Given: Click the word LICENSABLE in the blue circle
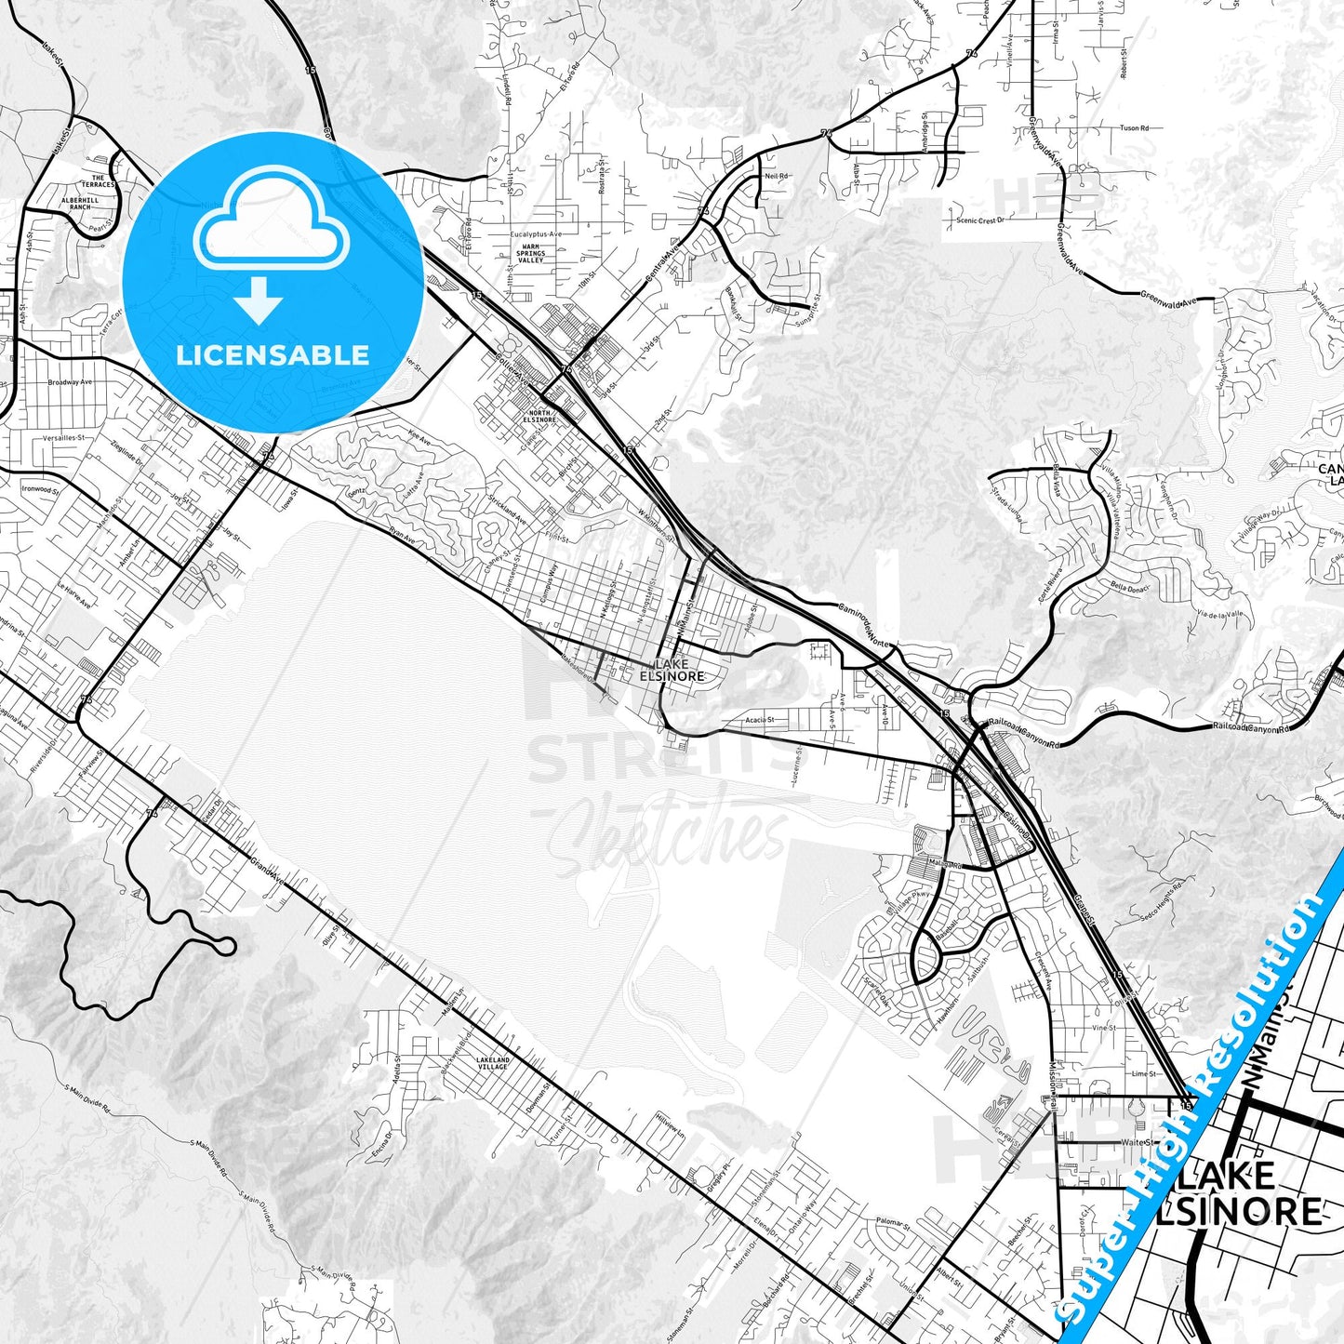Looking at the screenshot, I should point(273,355).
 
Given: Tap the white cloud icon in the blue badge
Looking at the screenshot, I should point(272,227).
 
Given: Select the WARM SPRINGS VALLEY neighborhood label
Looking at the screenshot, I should point(531,253).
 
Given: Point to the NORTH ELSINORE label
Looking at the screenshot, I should point(539,416).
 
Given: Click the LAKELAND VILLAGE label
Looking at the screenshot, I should point(492,1063).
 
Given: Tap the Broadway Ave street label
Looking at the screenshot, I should point(71,382).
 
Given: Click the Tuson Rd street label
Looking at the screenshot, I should point(1135,128).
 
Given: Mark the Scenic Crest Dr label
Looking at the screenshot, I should point(980,220).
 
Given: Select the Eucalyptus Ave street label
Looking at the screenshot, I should point(536,234).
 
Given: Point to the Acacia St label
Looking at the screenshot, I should point(759,720).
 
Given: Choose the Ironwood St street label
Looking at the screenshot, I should point(40,488).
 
